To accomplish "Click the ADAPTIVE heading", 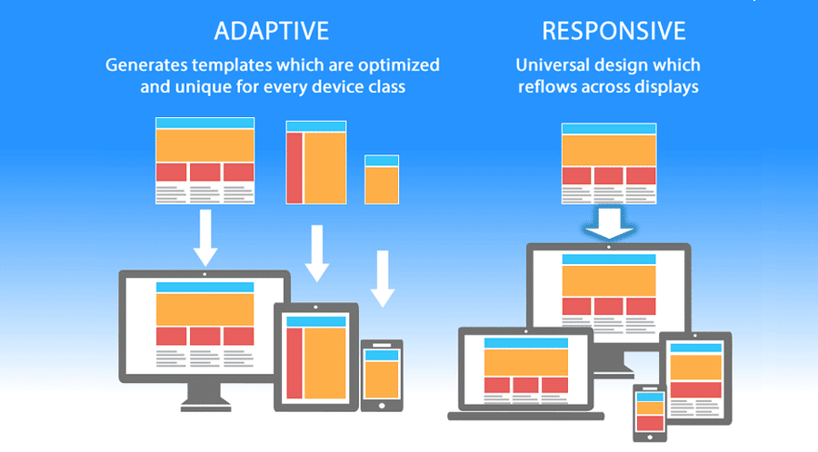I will coord(271,31).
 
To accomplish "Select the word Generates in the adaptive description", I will coord(147,65).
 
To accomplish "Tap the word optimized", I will coord(397,65).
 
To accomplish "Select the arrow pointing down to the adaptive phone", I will coord(383,277).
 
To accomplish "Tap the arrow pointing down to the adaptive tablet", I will coord(316,253).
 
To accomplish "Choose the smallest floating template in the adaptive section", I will coord(382,179).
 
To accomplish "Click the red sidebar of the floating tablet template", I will coord(294,168).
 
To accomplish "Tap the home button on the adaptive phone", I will coord(382,405).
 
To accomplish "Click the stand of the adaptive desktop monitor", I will coord(205,392).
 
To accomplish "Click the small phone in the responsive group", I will coord(648,412).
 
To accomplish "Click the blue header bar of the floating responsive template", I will coord(609,128).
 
